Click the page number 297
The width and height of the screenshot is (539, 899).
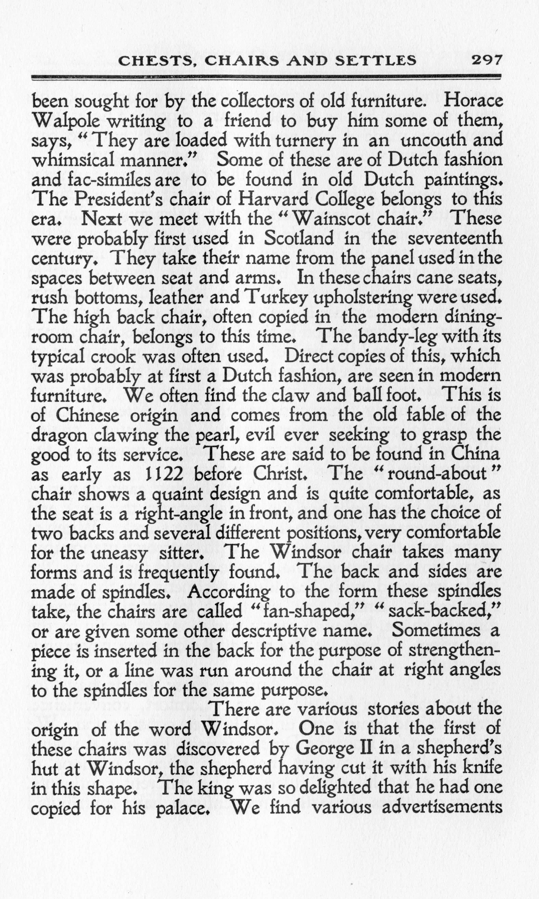click(x=486, y=60)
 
